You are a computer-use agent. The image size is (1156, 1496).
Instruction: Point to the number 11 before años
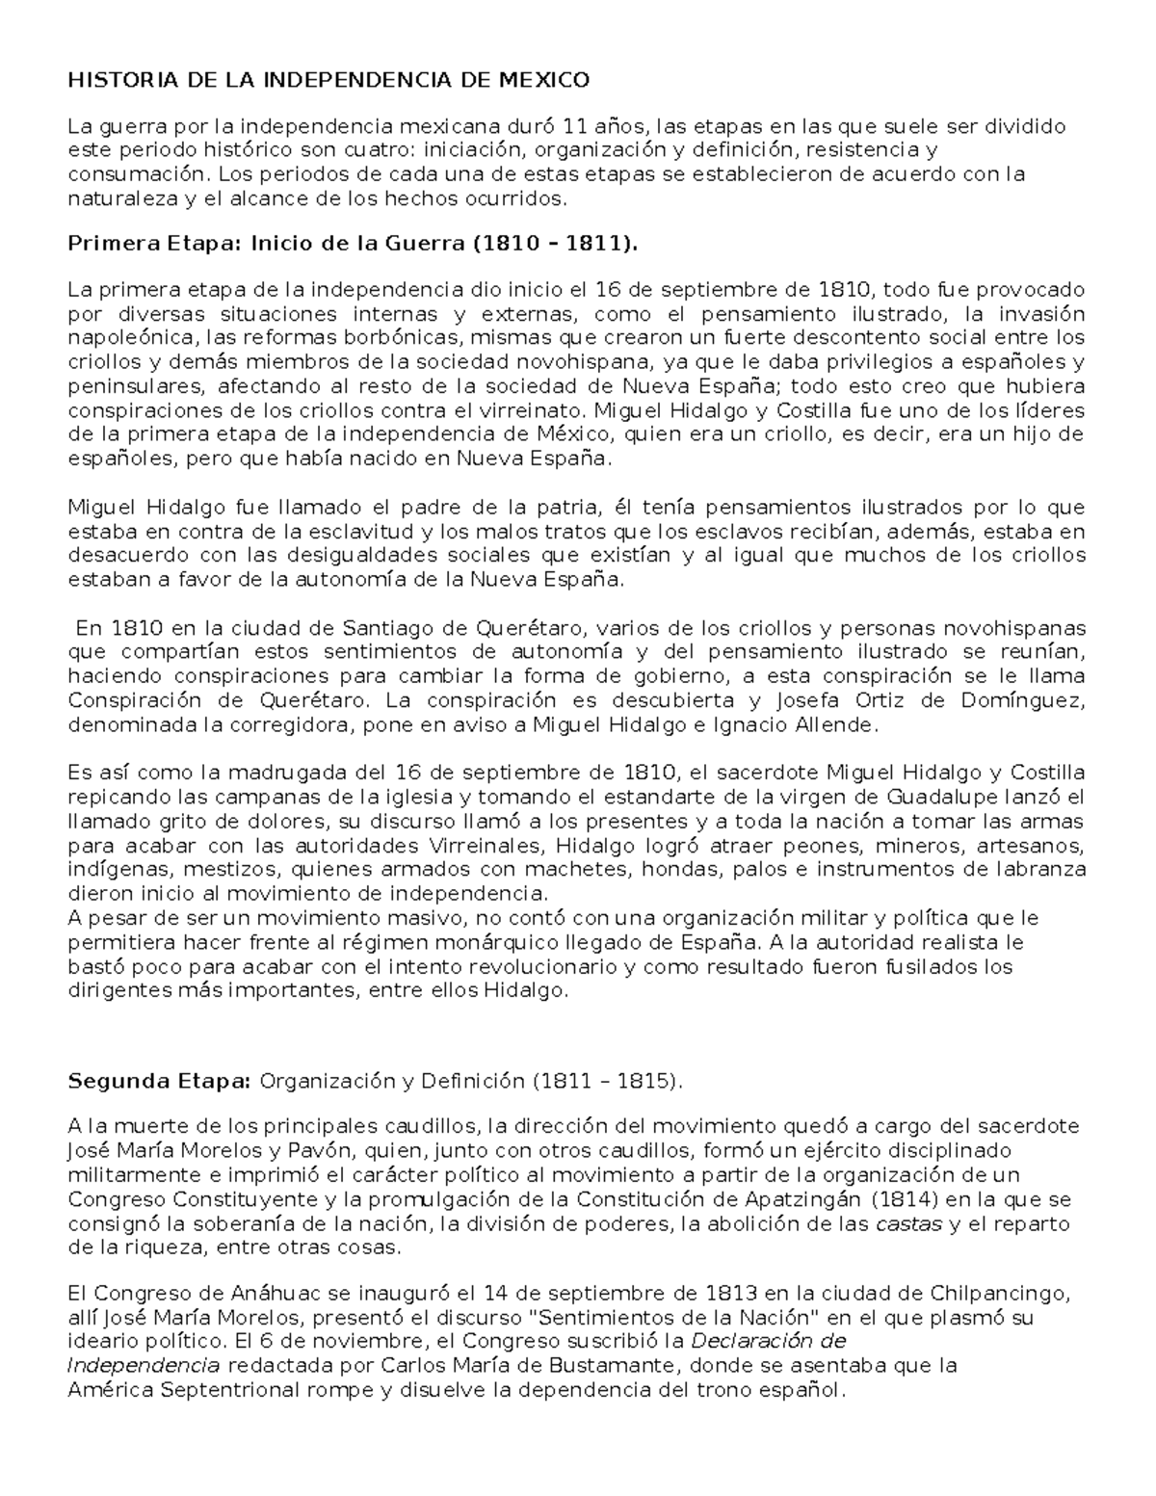pyautogui.click(x=574, y=126)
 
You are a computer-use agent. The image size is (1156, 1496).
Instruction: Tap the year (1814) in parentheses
pyautogui.click(x=905, y=1199)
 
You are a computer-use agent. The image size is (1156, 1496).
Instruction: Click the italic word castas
pyautogui.click(x=907, y=1224)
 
